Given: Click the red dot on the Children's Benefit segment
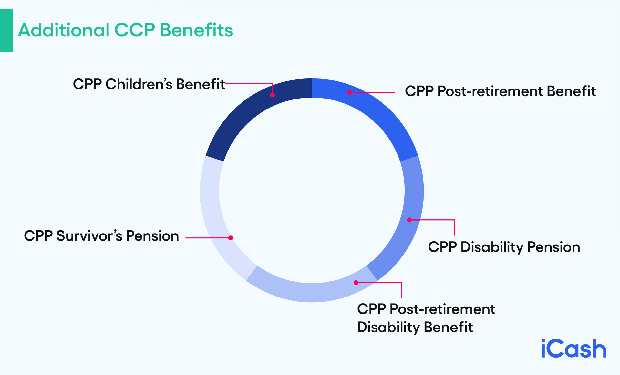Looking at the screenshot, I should coord(272,95).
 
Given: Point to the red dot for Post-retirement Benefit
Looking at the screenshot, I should coord(349,92).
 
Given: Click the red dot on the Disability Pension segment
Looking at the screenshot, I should coord(409,220).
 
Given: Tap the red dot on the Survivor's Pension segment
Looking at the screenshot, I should coord(231,238).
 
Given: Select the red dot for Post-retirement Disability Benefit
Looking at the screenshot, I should coord(356,283).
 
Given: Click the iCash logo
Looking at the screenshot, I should coord(573,349).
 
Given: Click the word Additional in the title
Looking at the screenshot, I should coord(64,30).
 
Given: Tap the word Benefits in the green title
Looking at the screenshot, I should coord(196,30).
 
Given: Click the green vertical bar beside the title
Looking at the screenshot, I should coord(6,30).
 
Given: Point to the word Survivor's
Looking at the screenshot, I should coord(89,236).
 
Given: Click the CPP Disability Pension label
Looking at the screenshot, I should coord(504,247).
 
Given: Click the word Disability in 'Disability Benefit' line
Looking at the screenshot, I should coord(388,327).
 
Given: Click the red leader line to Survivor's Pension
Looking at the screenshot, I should coord(207,238).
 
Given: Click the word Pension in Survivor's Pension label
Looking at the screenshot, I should coord(152,236).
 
